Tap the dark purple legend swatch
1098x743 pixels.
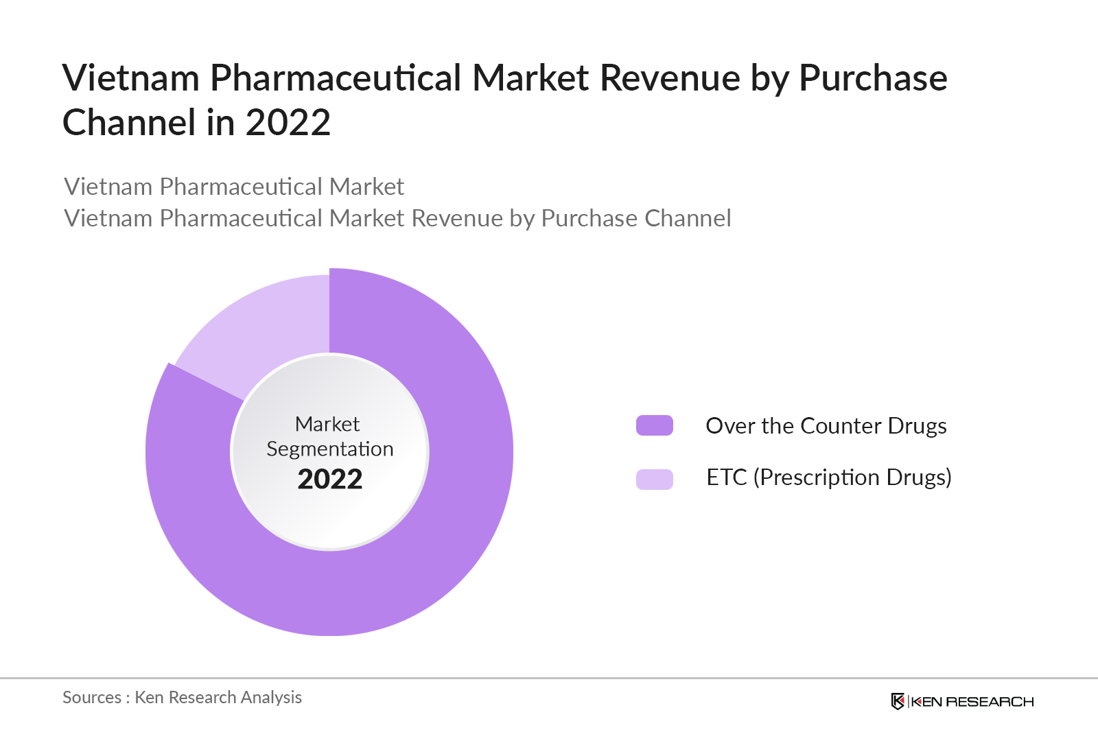654,425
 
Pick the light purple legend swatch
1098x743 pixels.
654,479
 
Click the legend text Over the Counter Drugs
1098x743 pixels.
826,426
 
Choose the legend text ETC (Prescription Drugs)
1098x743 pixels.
828,477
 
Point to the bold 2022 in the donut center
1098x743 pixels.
329,479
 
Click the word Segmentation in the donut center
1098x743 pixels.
329,449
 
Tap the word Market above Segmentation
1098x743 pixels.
327,424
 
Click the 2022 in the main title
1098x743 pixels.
288,123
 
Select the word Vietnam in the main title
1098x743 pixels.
130,78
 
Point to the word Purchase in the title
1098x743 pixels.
873,78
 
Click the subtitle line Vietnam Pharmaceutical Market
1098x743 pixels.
233,187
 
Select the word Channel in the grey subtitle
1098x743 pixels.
688,218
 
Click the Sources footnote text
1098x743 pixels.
182,697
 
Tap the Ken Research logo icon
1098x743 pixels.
898,701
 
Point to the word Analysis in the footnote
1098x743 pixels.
271,697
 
